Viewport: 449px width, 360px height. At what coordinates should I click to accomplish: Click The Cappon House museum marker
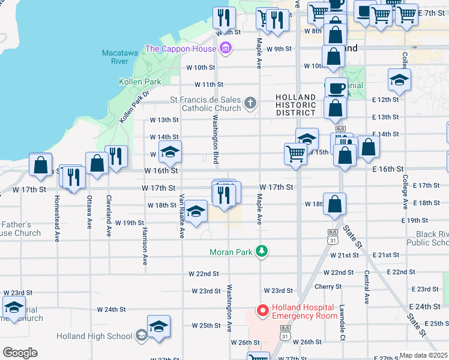(226, 48)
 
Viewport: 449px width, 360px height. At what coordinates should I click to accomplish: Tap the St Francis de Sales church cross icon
(251, 104)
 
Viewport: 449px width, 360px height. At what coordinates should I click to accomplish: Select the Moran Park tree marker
(261, 251)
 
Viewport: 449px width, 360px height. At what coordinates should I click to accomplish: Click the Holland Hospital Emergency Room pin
(262, 310)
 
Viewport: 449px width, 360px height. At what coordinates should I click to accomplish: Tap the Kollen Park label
(140, 82)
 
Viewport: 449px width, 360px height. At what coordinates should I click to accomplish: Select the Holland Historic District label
(295, 105)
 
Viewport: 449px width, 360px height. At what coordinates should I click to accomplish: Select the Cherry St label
(328, 287)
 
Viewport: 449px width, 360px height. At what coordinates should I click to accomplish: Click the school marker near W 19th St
(195, 211)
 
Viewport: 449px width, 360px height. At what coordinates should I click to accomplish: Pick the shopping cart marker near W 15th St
(295, 154)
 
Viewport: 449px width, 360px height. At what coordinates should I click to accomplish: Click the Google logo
(20, 353)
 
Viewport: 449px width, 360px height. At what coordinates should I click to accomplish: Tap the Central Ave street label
(366, 286)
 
